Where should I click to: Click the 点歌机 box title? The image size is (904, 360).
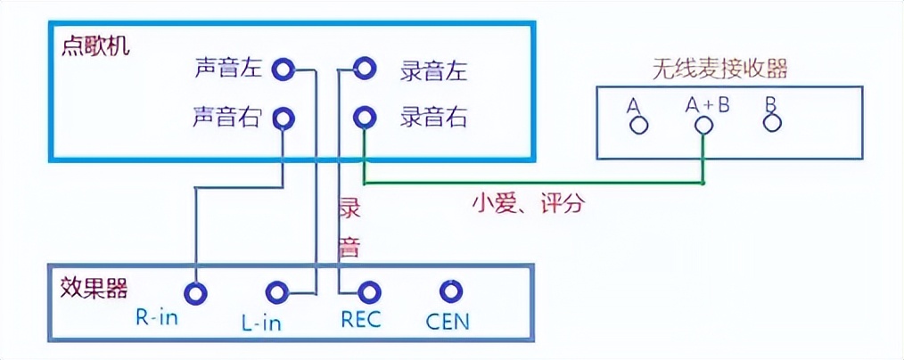tap(95, 46)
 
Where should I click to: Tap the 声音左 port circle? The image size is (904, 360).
tap(283, 68)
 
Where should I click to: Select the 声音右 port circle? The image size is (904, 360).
tap(283, 117)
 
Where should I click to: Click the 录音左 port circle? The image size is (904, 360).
tap(364, 68)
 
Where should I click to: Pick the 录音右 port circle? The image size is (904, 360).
tap(364, 117)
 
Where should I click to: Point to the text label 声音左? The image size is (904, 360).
tap(229, 68)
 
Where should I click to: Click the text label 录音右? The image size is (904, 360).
tap(433, 117)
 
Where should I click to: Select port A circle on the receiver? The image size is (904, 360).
tap(637, 124)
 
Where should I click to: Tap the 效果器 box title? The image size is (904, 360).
tap(94, 287)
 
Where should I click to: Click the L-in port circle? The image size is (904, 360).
tap(277, 292)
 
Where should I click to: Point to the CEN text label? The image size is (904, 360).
tap(448, 320)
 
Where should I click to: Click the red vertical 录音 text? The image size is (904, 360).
tap(349, 227)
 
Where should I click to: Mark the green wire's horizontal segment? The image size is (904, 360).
tap(535, 184)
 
